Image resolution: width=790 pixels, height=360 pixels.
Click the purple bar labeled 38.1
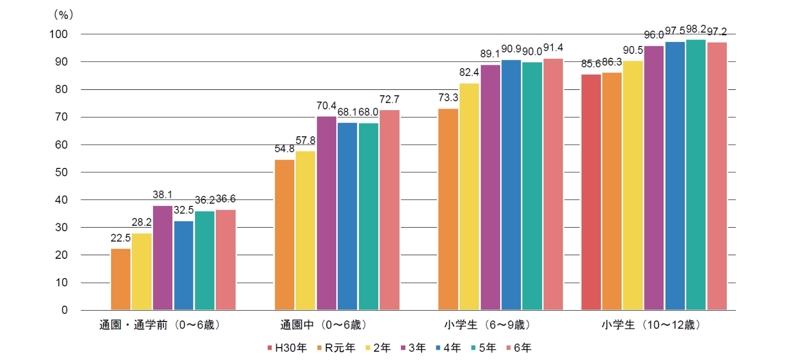point(162,258)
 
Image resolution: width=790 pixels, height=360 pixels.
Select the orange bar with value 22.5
point(120,280)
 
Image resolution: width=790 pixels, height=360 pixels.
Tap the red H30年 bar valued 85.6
point(591,193)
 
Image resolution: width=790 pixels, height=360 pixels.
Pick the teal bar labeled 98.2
point(696,175)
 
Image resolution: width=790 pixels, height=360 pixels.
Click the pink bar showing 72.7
point(389,210)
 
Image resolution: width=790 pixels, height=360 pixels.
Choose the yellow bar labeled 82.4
point(469,197)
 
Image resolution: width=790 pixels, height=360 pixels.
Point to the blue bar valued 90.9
point(511,185)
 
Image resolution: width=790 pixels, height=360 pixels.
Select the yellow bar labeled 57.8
point(305,231)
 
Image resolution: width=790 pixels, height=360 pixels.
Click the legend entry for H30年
point(287,348)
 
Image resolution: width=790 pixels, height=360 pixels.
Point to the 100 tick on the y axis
point(58,34)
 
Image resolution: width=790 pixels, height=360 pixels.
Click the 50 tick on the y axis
point(61,172)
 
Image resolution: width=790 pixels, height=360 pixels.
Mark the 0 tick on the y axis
point(64,310)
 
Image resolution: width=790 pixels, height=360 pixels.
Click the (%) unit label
point(63,15)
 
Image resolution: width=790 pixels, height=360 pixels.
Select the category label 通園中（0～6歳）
point(324,325)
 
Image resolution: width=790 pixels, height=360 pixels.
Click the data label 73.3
point(448,98)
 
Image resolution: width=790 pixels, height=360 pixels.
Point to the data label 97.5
point(674,31)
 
